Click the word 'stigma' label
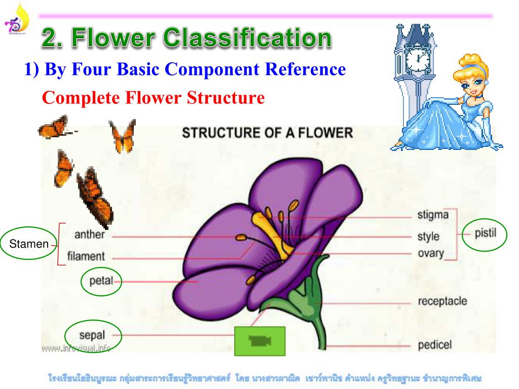click(433, 215)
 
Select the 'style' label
click(428, 237)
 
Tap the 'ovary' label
click(430, 253)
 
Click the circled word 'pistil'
click(485, 233)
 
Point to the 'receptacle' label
click(442, 301)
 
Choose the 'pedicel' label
click(434, 346)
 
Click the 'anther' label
click(89, 235)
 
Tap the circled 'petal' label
click(101, 281)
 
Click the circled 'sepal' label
click(93, 334)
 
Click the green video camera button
click(259, 341)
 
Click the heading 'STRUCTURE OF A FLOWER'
click(267, 133)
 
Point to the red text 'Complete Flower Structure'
click(153, 97)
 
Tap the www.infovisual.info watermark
click(76, 348)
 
